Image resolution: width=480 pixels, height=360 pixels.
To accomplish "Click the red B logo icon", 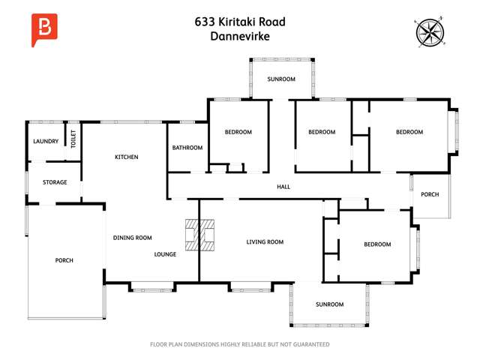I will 45,29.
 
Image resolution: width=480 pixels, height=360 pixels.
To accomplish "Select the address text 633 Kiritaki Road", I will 239,22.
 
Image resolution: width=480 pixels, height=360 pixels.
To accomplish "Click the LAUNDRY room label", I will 45,141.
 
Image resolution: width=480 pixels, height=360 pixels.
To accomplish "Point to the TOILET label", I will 73,139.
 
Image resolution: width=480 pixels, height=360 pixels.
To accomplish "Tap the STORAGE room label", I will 55,182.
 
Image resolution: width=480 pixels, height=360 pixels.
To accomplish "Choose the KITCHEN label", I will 126,157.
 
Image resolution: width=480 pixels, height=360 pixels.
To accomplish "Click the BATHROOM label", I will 187,148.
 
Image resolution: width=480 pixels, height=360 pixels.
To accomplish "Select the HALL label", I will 283,187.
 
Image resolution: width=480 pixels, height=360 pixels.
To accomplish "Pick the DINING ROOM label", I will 133,238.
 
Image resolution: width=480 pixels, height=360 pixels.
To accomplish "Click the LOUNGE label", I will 165,254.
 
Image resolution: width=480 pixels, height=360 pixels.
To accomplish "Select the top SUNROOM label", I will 282,79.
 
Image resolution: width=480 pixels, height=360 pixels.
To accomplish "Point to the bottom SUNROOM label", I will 329,304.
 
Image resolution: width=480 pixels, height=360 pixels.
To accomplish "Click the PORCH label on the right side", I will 430,195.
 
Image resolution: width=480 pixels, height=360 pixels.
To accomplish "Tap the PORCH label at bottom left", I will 64,260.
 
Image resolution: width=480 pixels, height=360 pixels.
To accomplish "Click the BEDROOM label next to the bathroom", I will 238,132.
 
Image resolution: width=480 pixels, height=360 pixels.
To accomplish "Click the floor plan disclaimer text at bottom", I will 240,344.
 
